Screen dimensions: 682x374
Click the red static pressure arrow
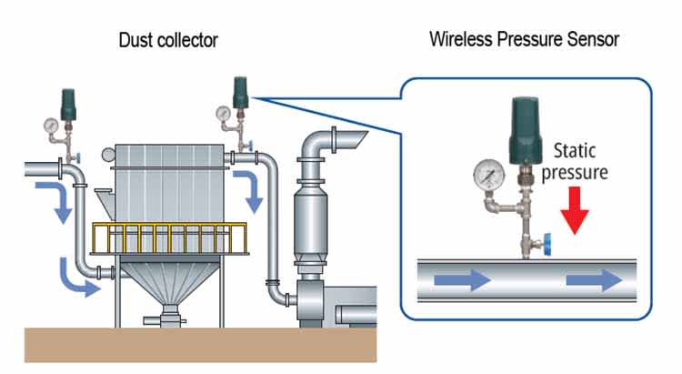575,210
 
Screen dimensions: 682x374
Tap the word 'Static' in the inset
575,151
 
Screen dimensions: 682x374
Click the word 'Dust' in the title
136,40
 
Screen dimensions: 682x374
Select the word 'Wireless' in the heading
461,39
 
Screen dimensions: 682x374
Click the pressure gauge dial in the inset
489,175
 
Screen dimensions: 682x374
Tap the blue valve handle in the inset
547,244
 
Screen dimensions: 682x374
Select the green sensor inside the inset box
526,131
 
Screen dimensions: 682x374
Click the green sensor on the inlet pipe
68,105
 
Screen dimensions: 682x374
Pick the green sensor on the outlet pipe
240,93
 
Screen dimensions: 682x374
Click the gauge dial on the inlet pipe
51,126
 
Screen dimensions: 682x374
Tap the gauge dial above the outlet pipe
223,113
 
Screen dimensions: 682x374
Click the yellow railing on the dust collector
169,238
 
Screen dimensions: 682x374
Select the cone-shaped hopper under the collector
169,282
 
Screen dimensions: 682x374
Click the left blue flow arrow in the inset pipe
463,280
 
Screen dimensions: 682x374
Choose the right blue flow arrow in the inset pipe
594,280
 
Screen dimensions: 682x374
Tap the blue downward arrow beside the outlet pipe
250,191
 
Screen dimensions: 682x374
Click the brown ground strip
201,345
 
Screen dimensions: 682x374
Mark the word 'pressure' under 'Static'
575,172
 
